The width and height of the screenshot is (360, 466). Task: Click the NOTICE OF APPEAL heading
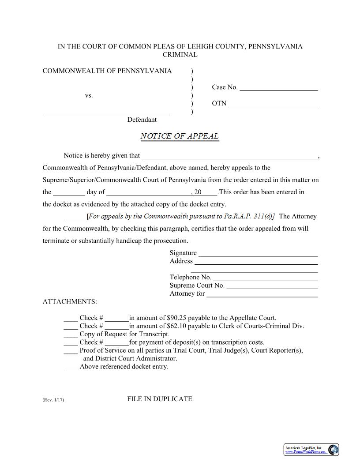[x=180, y=136]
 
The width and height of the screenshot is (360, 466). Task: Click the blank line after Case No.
[x=278, y=88]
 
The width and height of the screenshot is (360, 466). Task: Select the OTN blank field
[x=272, y=105]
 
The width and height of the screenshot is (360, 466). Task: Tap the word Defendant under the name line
[x=142, y=120]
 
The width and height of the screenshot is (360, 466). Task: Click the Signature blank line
[x=258, y=254]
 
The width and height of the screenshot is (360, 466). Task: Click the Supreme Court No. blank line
[x=272, y=286]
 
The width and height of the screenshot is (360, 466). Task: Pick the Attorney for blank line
[x=262, y=295]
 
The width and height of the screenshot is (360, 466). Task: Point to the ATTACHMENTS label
[x=70, y=302]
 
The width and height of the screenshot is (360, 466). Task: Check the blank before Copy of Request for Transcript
[x=71, y=335]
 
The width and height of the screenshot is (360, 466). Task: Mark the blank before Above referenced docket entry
[x=71, y=368]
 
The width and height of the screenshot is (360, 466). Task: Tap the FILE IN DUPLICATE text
[x=160, y=399]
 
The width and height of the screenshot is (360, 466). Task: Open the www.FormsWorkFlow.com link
[x=305, y=452]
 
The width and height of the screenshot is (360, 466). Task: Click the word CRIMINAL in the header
[x=180, y=55]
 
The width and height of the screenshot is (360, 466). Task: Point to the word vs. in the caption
[x=89, y=95]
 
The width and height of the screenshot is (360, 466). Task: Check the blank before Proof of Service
[x=71, y=351]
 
